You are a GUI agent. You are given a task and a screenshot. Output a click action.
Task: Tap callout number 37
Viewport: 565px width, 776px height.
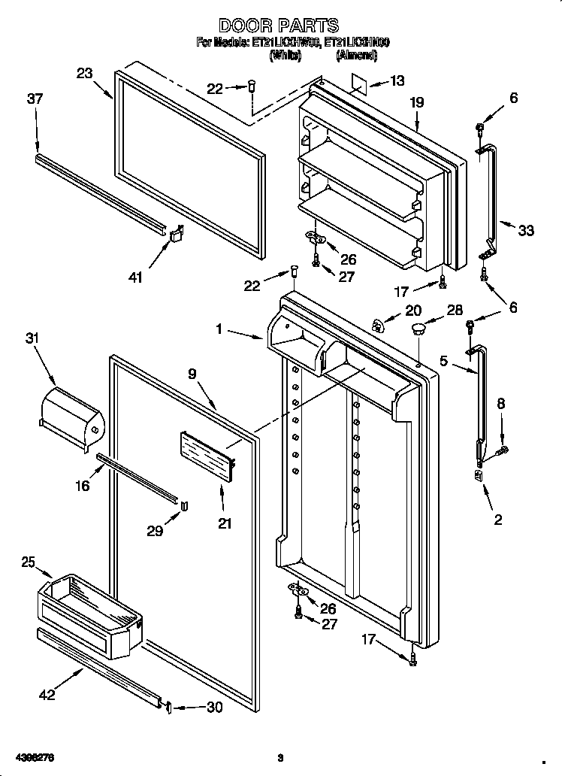35,99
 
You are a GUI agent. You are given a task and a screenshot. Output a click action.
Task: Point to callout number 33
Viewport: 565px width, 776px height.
525,231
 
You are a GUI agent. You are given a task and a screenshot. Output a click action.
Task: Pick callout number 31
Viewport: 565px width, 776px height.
32,339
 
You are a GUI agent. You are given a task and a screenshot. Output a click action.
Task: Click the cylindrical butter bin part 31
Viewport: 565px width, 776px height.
70,415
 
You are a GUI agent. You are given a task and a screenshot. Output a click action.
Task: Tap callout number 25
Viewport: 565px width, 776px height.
29,562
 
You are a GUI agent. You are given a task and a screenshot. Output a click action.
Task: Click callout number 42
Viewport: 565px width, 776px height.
47,696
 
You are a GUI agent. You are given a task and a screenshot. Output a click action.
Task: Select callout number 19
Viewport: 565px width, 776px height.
417,102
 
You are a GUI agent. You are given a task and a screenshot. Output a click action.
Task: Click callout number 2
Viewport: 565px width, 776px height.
497,519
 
